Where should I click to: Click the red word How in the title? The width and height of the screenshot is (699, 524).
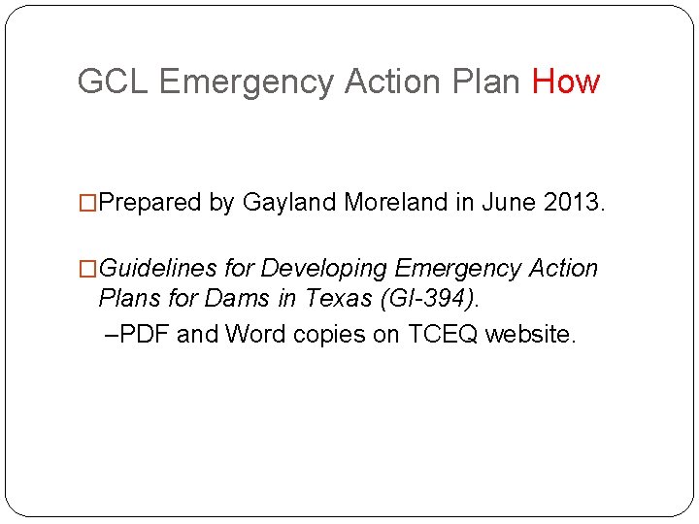click(x=566, y=82)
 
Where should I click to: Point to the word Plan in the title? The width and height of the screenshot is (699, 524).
click(x=485, y=82)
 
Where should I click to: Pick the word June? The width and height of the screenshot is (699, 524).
click(x=507, y=203)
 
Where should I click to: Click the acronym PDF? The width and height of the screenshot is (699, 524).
click(x=147, y=335)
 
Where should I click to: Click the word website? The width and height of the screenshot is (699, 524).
click(x=530, y=335)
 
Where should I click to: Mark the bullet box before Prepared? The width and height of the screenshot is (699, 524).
click(x=88, y=203)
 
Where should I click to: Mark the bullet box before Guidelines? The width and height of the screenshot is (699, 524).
click(x=88, y=269)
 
